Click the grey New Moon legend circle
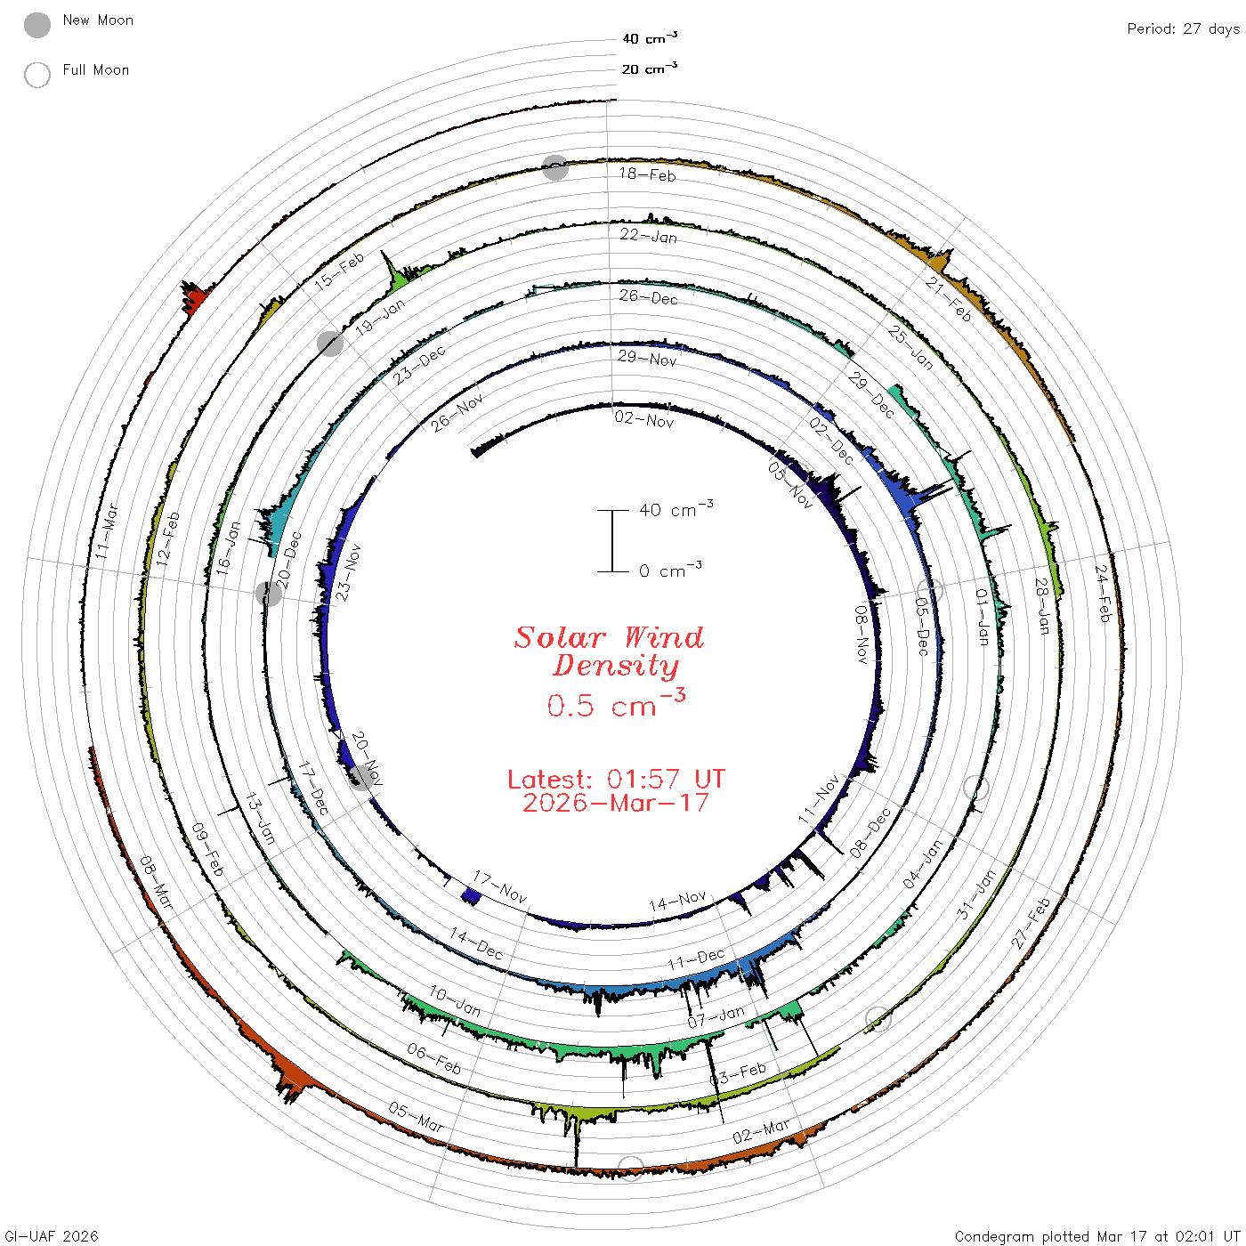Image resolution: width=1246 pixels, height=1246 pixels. click(x=37, y=25)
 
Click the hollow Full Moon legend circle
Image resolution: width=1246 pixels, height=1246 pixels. click(x=37, y=75)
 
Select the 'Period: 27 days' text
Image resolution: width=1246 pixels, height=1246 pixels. click(x=1184, y=29)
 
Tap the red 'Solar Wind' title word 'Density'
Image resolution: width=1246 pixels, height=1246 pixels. click(x=615, y=666)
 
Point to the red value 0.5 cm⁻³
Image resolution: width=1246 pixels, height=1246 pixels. click(x=616, y=704)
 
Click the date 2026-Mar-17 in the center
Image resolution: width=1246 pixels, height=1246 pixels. click(x=616, y=803)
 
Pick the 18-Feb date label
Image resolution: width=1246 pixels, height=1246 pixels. click(x=647, y=174)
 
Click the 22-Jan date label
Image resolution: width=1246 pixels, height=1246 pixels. click(x=649, y=235)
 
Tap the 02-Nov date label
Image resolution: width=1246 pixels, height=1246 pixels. click(x=644, y=420)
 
